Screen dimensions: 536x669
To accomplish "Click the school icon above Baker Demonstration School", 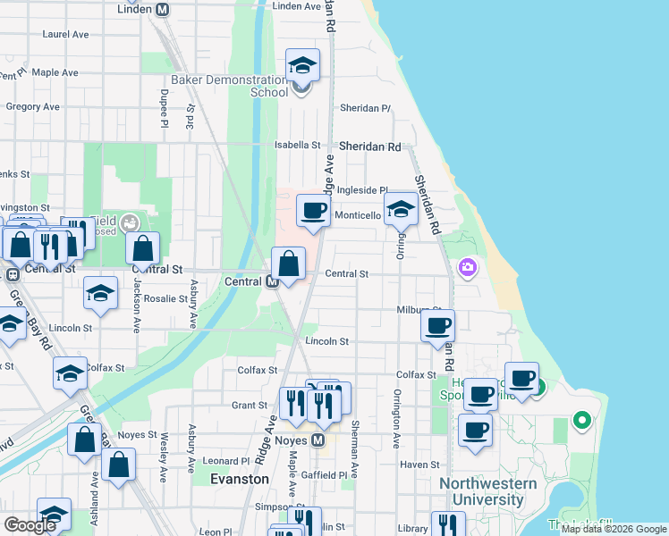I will (x=302, y=65).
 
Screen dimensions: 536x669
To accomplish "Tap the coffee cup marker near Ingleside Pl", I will (x=312, y=212).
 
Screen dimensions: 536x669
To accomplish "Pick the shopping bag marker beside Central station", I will (x=288, y=264).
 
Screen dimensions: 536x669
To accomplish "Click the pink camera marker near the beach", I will (x=467, y=267).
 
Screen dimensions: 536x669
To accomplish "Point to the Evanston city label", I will (x=239, y=479).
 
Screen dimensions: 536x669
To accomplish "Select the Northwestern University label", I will (x=487, y=491).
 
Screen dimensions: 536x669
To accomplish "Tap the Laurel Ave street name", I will (x=66, y=35).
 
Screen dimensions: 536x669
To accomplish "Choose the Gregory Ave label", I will (x=33, y=106).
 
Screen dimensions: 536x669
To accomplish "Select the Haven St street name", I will (x=419, y=465).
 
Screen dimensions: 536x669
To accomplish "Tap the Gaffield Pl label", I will (x=323, y=474).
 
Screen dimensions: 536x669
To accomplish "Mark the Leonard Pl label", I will (x=219, y=461).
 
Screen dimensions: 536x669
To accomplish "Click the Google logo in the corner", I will (x=30, y=525).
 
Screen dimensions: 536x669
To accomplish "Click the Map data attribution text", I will (x=614, y=529).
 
